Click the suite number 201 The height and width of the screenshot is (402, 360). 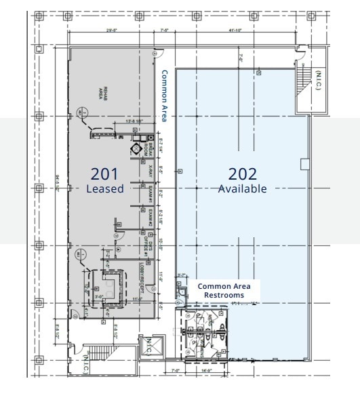pyautogui.click(x=105, y=174)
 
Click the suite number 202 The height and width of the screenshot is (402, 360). pyautogui.click(x=242, y=174)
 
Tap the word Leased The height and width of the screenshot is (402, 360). pyautogui.click(x=105, y=189)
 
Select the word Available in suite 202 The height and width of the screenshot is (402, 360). pyautogui.click(x=242, y=189)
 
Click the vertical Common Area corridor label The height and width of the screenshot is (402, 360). pyautogui.click(x=164, y=96)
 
